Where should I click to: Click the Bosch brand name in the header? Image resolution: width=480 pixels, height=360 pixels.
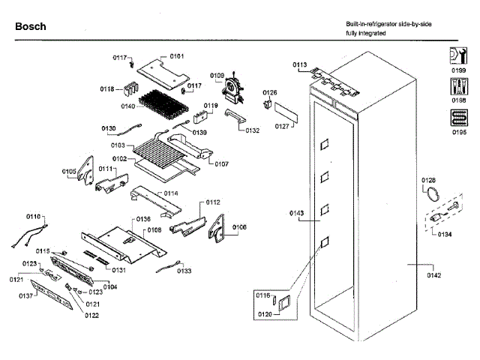pyautogui.click(x=31, y=26)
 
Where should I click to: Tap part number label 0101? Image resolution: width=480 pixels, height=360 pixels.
pyautogui.click(x=177, y=56)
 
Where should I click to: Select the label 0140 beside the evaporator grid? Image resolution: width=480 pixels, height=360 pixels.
pyautogui.click(x=127, y=106)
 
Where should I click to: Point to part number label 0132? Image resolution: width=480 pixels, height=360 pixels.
pyautogui.click(x=252, y=130)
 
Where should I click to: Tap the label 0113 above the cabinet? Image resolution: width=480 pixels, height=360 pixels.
pyautogui.click(x=300, y=65)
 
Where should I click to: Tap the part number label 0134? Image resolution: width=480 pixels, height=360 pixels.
pyautogui.click(x=445, y=233)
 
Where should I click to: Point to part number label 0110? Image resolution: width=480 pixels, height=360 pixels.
pyautogui.click(x=34, y=216)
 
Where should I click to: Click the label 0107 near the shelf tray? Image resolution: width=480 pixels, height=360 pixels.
pyautogui.click(x=221, y=163)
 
